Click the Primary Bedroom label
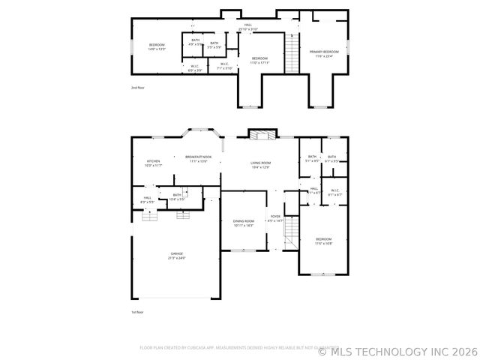(325, 53)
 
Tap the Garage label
(177, 256)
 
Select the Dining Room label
(244, 223)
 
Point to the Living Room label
(260, 164)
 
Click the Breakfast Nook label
(199, 159)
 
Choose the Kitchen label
(154, 163)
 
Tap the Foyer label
(276, 219)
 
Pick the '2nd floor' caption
(136, 88)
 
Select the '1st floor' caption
(136, 311)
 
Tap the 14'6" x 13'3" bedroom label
(156, 47)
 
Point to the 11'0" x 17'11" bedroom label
(259, 60)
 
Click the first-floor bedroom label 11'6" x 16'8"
(323, 241)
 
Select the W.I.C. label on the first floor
(334, 192)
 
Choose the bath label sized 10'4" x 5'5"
(177, 196)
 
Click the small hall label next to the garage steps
(148, 200)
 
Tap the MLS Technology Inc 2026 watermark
(397, 349)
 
